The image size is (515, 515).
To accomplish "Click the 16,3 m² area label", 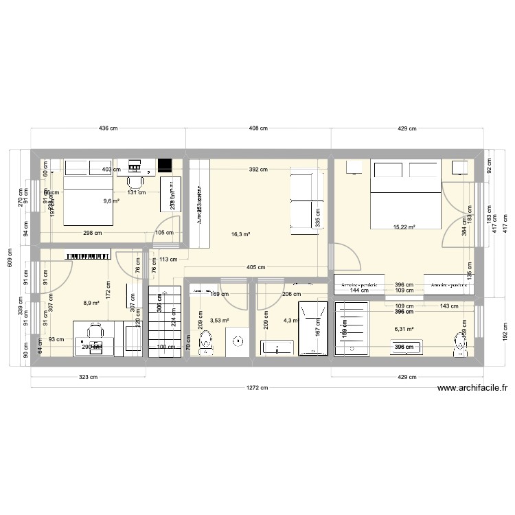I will tap(240, 234).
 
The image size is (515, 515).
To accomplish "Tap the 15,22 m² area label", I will tap(404, 227).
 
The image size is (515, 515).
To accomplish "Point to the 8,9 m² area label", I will tap(91, 303).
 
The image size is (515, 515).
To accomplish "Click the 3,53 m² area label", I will tap(220, 320).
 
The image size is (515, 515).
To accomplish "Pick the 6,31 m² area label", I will tap(404, 329).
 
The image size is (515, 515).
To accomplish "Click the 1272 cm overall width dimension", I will tap(258, 387).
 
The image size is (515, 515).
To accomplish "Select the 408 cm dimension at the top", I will tap(258, 128).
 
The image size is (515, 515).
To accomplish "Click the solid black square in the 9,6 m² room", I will tap(165, 165).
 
